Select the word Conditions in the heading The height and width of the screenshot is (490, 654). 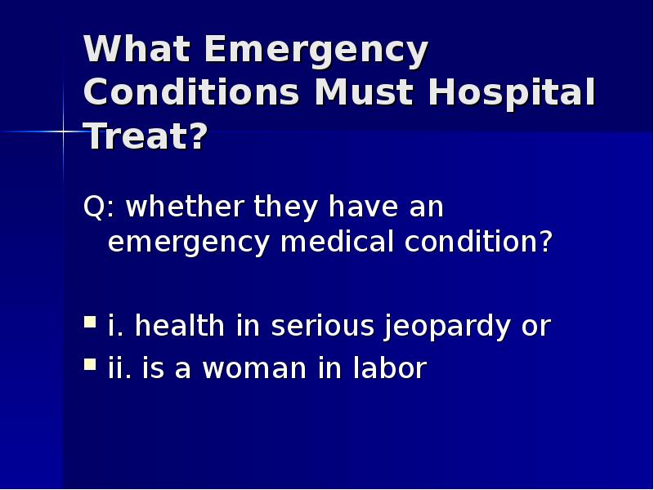tap(190, 93)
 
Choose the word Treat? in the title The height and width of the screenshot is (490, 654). tap(146, 136)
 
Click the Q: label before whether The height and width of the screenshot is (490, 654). tap(100, 208)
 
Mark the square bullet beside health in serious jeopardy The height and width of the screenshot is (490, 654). tap(90, 323)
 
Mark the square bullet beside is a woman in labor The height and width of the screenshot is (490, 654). tap(90, 366)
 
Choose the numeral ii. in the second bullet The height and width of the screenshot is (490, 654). tap(121, 368)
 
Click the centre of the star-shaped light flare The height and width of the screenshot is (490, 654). tap(63, 131)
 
